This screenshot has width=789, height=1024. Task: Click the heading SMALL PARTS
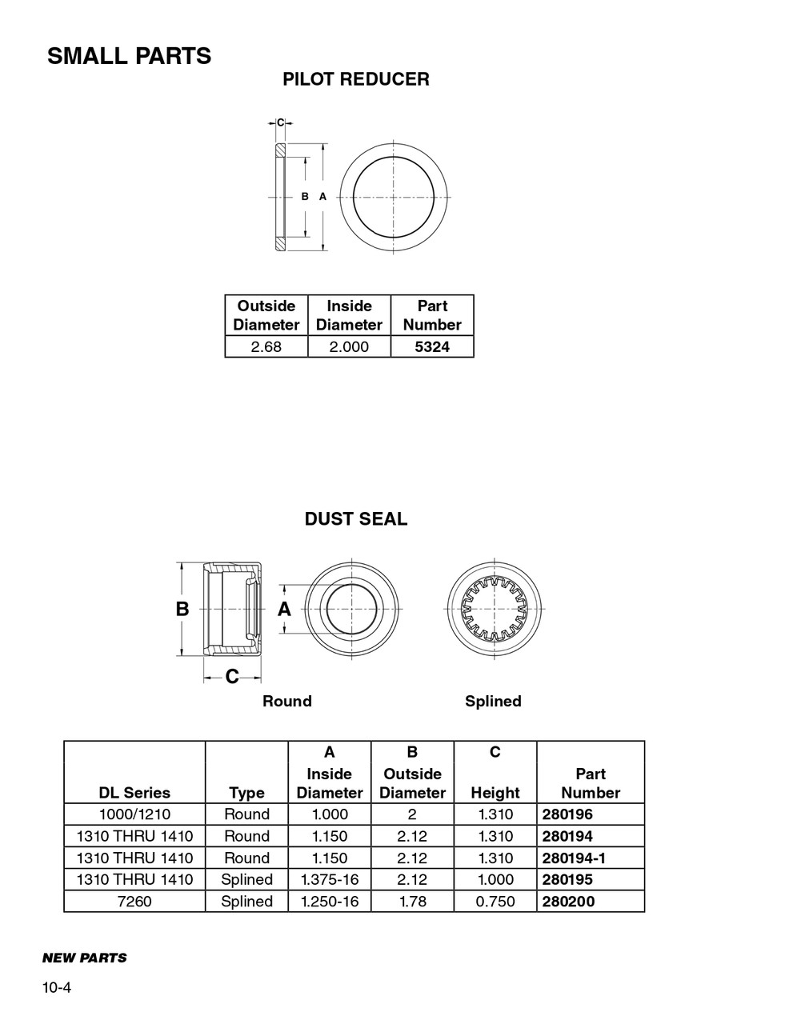coord(129,56)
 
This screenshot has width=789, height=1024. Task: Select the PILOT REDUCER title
coord(355,79)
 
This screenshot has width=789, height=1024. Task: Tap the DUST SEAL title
coord(355,519)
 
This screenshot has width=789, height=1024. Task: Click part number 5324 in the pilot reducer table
coord(432,346)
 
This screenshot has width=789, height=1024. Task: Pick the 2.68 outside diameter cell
coord(266,346)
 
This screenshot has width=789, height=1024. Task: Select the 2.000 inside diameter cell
coord(350,346)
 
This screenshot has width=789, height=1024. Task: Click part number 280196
coord(567,814)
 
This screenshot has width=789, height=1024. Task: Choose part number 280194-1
coord(573,858)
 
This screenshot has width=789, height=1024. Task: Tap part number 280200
coord(567,902)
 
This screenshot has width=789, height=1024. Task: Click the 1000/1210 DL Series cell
coord(134,814)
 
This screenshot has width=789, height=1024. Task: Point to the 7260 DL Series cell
coord(134,902)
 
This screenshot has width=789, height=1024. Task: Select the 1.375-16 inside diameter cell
coord(330,879)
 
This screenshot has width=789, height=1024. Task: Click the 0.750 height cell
coord(495,902)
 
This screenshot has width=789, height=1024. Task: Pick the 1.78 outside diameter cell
coord(412,902)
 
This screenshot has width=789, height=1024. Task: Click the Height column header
coord(495,793)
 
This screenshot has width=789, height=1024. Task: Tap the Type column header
coord(246,793)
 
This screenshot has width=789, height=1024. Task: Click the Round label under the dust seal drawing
coord(287,702)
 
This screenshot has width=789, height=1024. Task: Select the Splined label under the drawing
coord(493,702)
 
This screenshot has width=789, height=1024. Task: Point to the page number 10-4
coord(57,988)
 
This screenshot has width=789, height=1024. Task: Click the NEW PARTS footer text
coord(84,958)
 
